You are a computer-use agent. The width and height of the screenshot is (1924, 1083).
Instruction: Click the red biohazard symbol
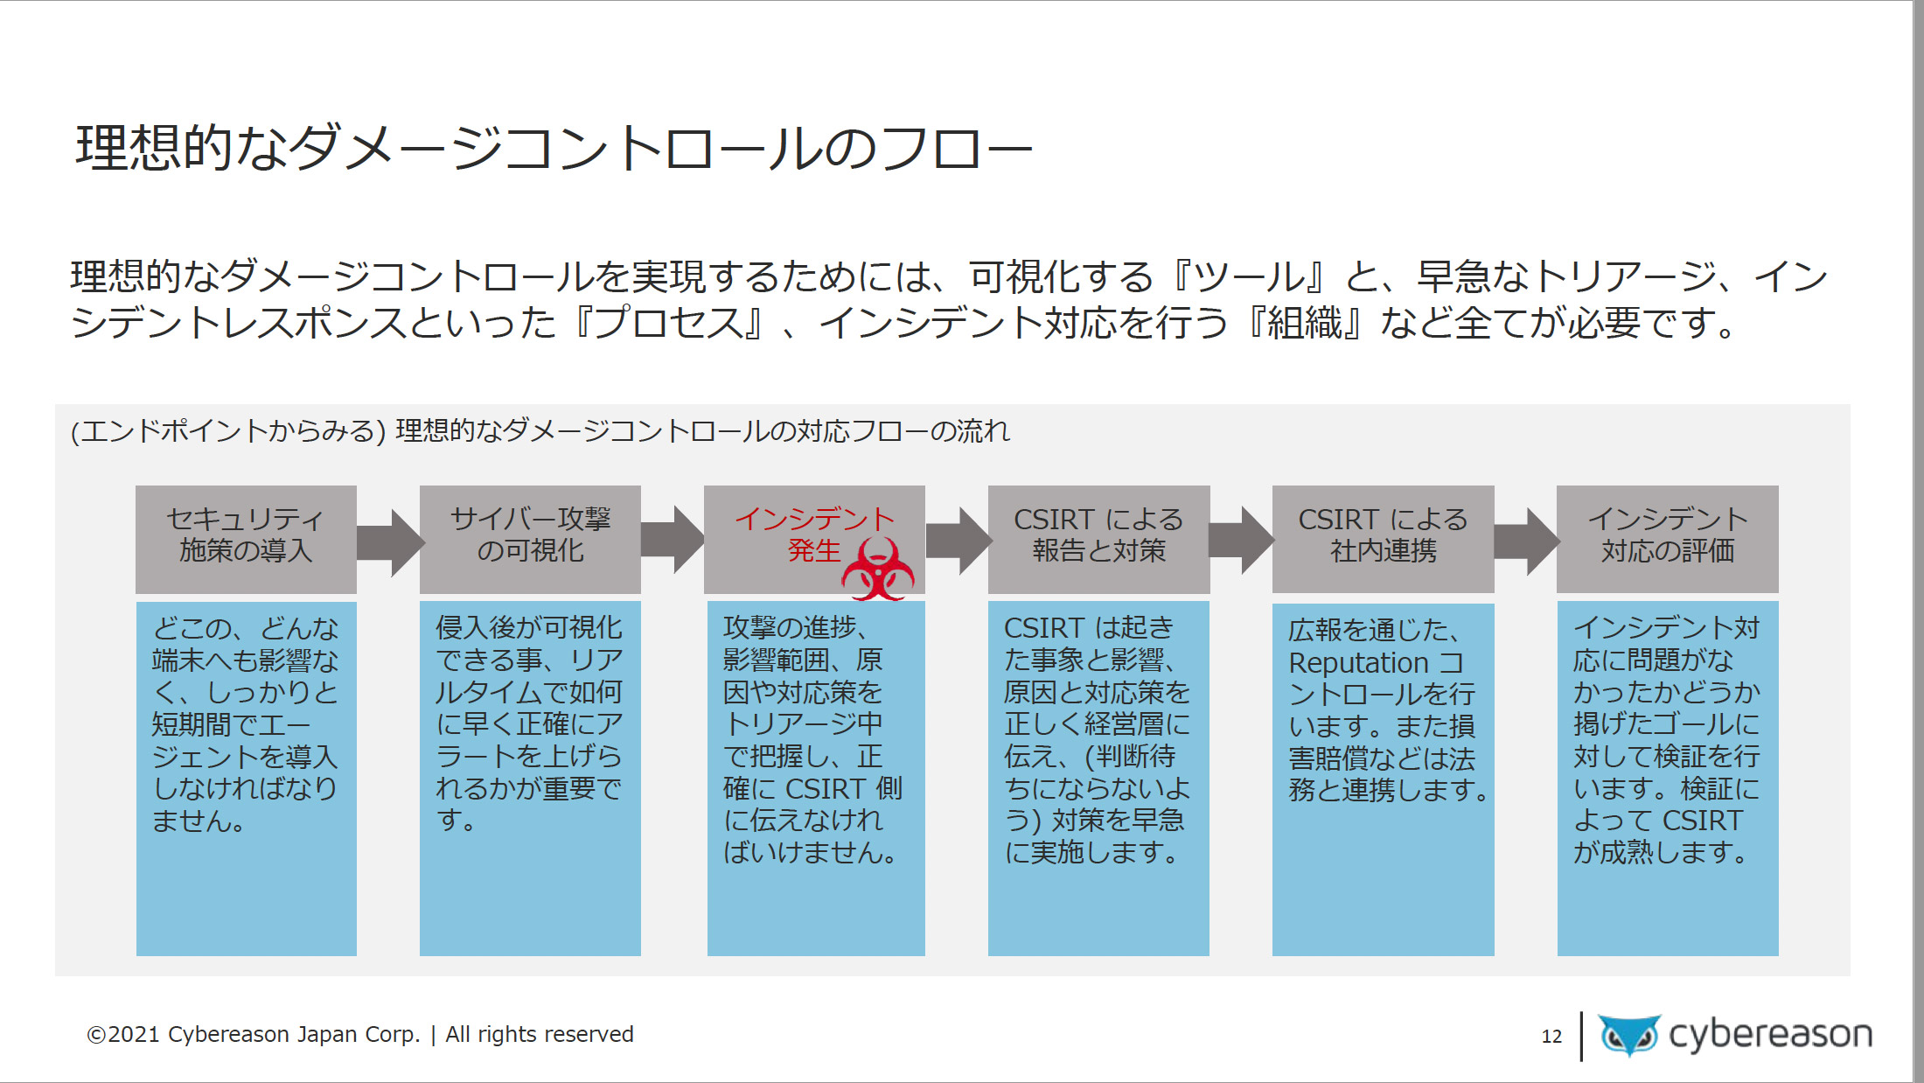click(x=877, y=569)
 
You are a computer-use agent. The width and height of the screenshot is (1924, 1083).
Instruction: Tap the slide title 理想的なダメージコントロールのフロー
click(x=554, y=147)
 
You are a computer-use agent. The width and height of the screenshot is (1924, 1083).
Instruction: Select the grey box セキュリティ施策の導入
click(x=246, y=539)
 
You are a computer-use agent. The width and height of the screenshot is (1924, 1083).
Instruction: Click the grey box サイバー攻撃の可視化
click(x=530, y=539)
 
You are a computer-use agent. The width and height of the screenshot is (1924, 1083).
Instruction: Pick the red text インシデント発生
click(x=814, y=535)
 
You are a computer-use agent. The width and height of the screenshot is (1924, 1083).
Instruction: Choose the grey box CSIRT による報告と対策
click(x=1098, y=539)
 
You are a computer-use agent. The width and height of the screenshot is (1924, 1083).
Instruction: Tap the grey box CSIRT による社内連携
click(x=1383, y=539)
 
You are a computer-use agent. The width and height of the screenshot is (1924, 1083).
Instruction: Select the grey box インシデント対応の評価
click(x=1668, y=539)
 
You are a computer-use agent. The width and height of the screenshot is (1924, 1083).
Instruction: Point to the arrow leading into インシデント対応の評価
click(x=1526, y=542)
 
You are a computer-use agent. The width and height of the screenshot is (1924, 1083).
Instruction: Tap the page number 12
click(x=1551, y=1037)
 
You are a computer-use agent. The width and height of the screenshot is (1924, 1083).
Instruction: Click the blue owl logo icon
click(x=1629, y=1036)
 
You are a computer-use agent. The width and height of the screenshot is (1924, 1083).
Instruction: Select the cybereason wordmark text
click(x=1770, y=1035)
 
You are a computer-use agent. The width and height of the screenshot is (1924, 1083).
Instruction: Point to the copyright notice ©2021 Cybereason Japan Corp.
click(x=254, y=1034)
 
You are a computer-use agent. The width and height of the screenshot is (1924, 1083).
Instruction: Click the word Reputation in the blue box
click(x=1358, y=663)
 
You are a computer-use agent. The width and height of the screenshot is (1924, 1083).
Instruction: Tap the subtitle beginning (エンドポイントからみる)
click(x=540, y=431)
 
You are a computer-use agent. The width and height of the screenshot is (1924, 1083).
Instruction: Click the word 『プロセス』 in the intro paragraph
click(x=669, y=324)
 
